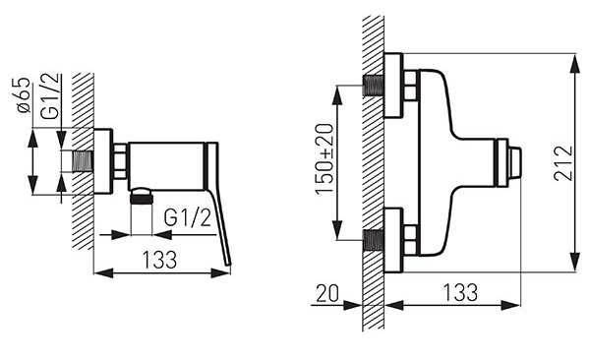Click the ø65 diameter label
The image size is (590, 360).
(x=23, y=94)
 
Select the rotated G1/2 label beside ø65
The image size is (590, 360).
(x=50, y=96)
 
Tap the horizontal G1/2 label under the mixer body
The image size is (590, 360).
(x=187, y=217)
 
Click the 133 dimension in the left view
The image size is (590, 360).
(x=159, y=260)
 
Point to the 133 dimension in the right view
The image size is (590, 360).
(x=460, y=292)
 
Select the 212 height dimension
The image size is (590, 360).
(x=563, y=163)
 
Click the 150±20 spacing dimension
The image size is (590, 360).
(x=324, y=158)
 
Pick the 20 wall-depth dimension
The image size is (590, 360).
(x=327, y=293)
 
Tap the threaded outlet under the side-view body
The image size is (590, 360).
(x=141, y=196)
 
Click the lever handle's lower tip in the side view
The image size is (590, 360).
(x=228, y=265)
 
